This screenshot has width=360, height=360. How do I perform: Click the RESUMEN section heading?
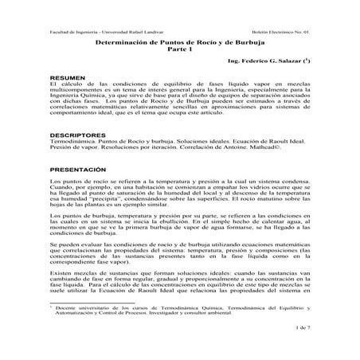coord(65,76)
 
